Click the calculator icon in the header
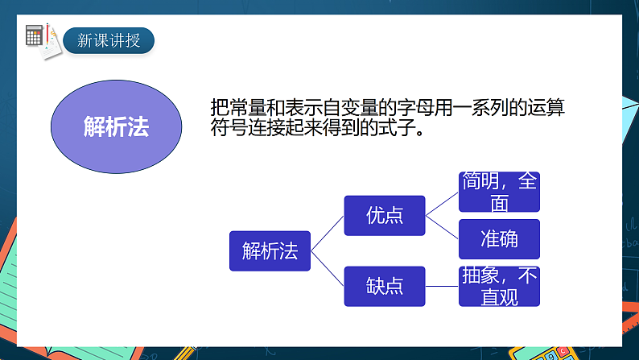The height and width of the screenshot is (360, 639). (x=35, y=36)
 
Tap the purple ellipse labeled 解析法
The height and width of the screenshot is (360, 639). (x=116, y=126)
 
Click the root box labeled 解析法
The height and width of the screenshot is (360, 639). (x=270, y=250)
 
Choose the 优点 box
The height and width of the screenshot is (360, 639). (x=385, y=215)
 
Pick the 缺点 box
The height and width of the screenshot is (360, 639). (x=385, y=286)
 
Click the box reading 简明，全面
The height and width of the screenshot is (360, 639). (x=499, y=192)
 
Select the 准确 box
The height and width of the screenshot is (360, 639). (x=499, y=239)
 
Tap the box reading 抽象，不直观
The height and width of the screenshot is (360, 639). (x=499, y=286)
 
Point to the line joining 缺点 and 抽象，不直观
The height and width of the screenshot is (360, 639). (x=442, y=286)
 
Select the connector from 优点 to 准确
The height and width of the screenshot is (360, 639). (x=442, y=227)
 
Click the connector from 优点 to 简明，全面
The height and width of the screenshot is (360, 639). (x=442, y=204)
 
